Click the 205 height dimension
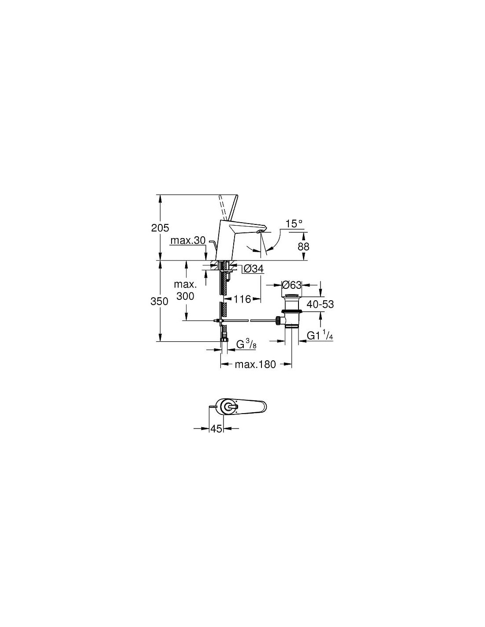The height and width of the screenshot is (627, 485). click(160, 228)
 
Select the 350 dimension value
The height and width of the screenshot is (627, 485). click(159, 302)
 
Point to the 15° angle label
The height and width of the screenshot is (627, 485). click(294, 224)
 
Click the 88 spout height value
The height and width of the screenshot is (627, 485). click(303, 246)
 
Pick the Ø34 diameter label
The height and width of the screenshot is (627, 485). click(254, 269)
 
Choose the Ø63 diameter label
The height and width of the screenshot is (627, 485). click(291, 285)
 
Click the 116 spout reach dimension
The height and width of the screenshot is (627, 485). click(242, 299)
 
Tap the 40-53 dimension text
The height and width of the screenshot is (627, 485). click(320, 304)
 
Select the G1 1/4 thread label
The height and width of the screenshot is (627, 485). click(320, 335)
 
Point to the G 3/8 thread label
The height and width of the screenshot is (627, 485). click(246, 344)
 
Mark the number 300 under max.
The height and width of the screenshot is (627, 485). click(185, 296)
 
